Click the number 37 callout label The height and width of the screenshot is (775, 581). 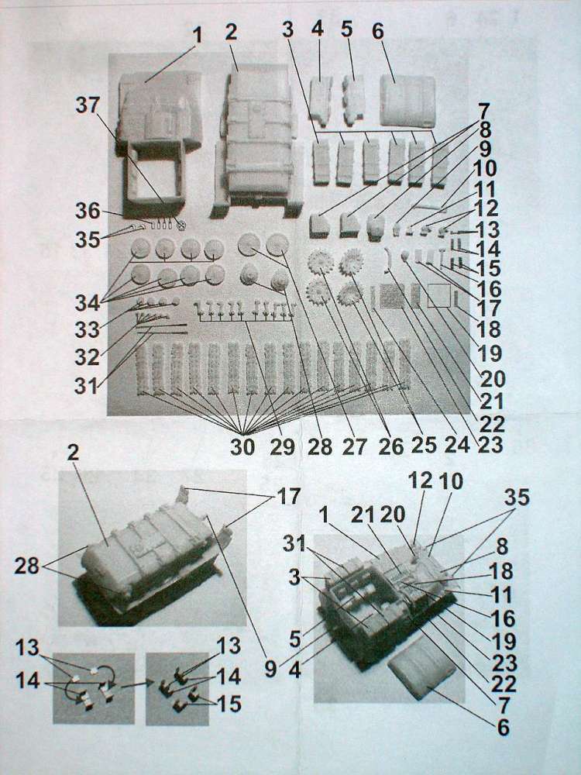pyautogui.click(x=88, y=105)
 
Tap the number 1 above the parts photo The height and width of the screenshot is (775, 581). pyautogui.click(x=197, y=36)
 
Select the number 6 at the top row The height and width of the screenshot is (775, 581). pyautogui.click(x=377, y=31)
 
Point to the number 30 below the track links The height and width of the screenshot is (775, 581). pyautogui.click(x=242, y=447)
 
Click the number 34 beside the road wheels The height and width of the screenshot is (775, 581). pyautogui.click(x=88, y=302)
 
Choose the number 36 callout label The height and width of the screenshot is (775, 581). pyautogui.click(x=88, y=211)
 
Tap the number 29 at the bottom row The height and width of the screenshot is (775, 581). pyautogui.click(x=282, y=447)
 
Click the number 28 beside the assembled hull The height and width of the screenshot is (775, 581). pyautogui.click(x=26, y=566)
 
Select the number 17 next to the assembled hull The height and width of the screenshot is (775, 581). pyautogui.click(x=288, y=496)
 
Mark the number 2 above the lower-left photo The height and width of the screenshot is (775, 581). pyautogui.click(x=73, y=453)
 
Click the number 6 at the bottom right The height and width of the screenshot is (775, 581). pyautogui.click(x=503, y=727)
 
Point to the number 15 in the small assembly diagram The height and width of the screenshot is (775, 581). pyautogui.click(x=229, y=704)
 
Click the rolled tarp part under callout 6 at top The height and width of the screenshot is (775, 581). pyautogui.click(x=407, y=101)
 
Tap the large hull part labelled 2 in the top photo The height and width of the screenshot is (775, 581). pyautogui.click(x=259, y=141)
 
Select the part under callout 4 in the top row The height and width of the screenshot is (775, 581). pyautogui.click(x=320, y=100)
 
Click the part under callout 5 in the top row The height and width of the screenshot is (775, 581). pyautogui.click(x=354, y=100)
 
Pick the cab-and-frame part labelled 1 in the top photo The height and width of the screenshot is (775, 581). pyautogui.click(x=159, y=143)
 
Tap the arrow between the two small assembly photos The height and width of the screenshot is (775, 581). pyautogui.click(x=137, y=684)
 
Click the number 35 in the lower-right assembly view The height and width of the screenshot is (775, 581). pyautogui.click(x=517, y=498)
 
